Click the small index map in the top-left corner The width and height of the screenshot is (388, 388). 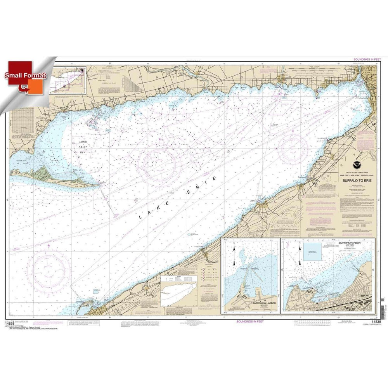70,80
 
